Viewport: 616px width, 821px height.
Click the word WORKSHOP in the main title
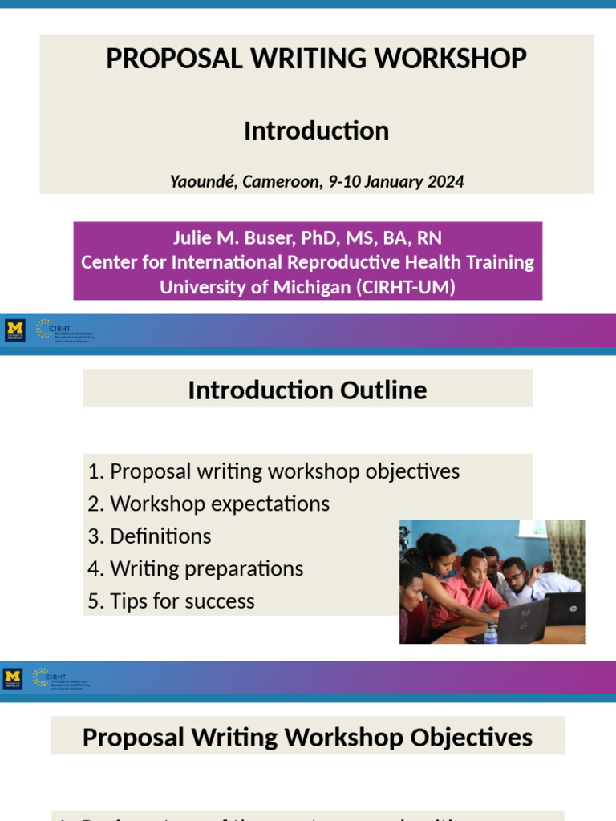tap(456, 59)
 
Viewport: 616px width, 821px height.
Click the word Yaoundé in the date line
tap(203, 181)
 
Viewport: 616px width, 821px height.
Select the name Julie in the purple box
tap(197, 238)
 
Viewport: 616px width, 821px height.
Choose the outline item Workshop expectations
tap(220, 504)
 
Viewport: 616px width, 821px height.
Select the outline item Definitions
tap(160, 536)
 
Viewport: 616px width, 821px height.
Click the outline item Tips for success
tap(182, 601)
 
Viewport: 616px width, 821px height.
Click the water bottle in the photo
tap(491, 633)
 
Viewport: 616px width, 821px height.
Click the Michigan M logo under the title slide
tap(14, 330)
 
